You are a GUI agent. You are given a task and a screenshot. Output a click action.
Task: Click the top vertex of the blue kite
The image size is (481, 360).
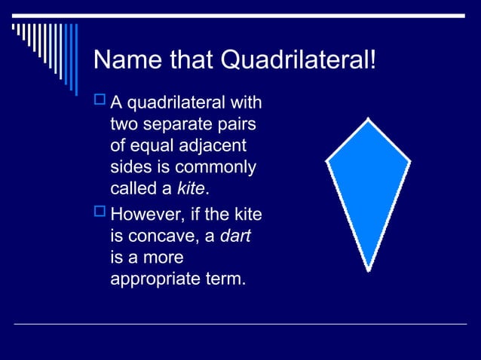(367, 119)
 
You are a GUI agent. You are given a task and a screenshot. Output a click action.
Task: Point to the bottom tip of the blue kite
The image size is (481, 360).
(368, 269)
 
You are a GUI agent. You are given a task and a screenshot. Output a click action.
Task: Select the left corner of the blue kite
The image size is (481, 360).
(327, 160)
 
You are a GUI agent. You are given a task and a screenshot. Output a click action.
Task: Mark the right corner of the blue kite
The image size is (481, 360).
(409, 160)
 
